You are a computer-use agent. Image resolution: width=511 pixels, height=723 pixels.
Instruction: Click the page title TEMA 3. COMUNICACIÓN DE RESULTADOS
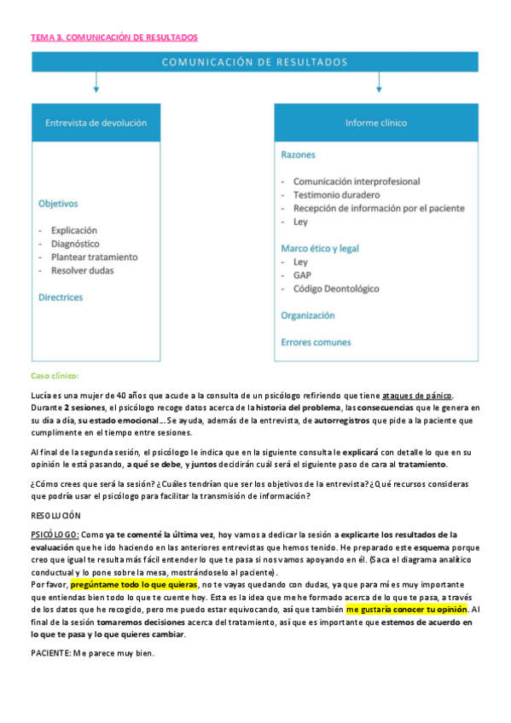114,38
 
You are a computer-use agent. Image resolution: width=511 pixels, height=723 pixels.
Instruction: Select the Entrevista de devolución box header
96,123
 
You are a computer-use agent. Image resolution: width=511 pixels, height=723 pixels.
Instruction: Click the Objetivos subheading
58,204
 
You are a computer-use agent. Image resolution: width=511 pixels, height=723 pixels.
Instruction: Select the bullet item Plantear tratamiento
94,257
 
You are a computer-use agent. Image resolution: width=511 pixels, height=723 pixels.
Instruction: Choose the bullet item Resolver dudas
82,270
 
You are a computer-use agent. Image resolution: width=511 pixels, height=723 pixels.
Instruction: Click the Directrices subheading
61,298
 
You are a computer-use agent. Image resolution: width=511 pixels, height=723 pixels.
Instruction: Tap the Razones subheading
298,155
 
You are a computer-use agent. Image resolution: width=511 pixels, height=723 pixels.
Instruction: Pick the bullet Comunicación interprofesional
357,182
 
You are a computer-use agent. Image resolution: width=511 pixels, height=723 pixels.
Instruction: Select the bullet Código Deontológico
336,289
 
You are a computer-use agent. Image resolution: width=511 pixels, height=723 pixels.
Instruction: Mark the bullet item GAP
303,275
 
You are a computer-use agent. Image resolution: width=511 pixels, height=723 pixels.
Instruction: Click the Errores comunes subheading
316,343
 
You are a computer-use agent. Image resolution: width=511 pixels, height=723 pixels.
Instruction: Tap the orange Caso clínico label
54,376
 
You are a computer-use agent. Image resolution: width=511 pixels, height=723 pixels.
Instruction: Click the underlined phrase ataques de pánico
417,395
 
